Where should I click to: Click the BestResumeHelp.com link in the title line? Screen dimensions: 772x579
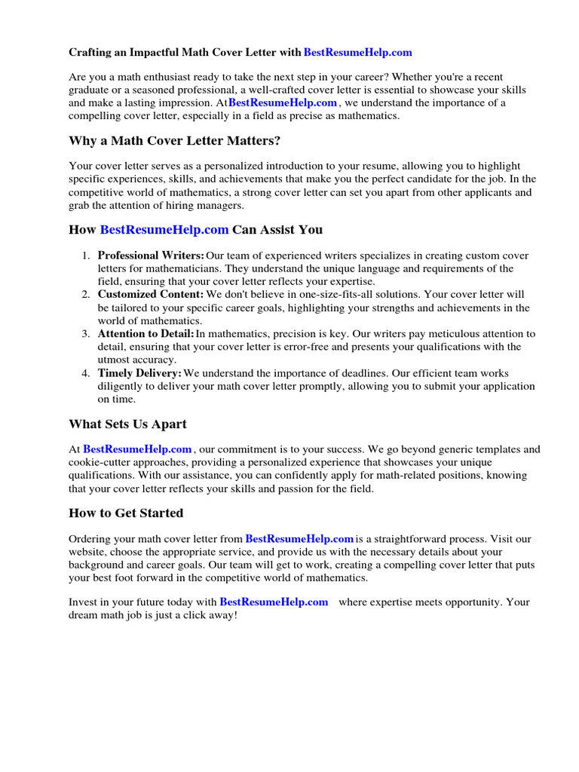point(357,53)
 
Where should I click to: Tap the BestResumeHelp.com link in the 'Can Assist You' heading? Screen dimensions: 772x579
point(164,229)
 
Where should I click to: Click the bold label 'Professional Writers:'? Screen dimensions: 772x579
point(151,256)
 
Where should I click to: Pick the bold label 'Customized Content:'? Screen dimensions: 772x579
point(151,294)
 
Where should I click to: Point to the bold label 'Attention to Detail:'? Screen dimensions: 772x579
point(146,333)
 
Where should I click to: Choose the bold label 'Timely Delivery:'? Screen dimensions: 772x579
point(139,373)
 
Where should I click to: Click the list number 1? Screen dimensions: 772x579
point(86,256)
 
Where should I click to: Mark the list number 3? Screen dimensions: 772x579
point(86,333)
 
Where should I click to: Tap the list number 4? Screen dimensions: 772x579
point(86,373)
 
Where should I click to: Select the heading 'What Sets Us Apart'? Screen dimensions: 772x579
point(127,424)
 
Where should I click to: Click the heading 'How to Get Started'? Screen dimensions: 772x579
point(126,513)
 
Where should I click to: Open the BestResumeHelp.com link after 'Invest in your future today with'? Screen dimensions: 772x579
point(274,602)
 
